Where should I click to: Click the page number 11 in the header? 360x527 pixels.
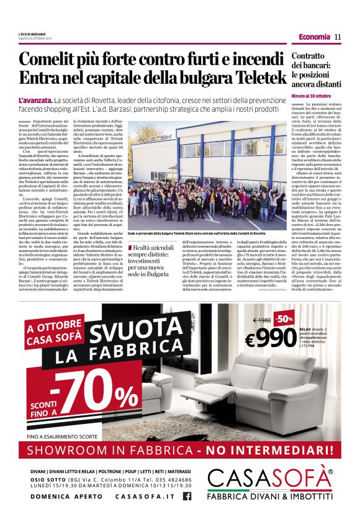coord(338,37)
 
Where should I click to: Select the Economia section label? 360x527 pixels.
coord(314,37)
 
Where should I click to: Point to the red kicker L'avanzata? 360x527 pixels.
coord(35,100)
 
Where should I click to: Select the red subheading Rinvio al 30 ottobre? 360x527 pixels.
coord(312,96)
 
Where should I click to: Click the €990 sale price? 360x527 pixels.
coord(271,337)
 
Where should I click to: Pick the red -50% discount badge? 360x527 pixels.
coord(286,319)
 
